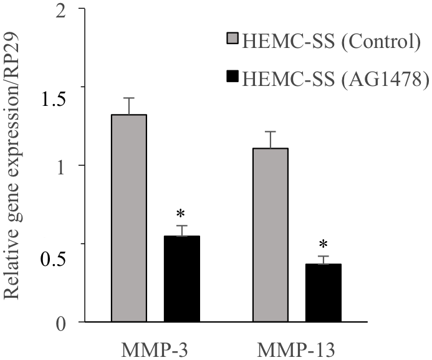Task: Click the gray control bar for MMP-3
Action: [x=128, y=218]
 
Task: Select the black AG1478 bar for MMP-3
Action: [x=181, y=279]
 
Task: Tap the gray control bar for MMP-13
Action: [x=270, y=235]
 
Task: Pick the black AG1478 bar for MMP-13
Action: [x=323, y=293]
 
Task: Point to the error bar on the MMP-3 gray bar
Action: [x=128, y=106]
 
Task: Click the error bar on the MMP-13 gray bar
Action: [x=270, y=140]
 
